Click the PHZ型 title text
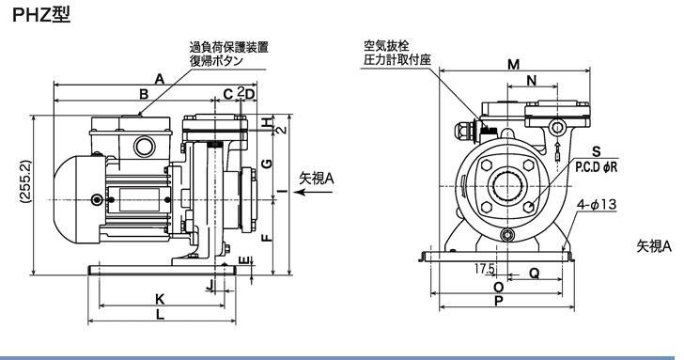point(41,15)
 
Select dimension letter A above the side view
point(160,79)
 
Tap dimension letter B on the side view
point(144,94)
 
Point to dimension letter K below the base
point(160,299)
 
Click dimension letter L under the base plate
point(161,314)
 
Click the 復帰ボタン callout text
point(216,61)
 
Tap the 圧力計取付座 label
point(397,60)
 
